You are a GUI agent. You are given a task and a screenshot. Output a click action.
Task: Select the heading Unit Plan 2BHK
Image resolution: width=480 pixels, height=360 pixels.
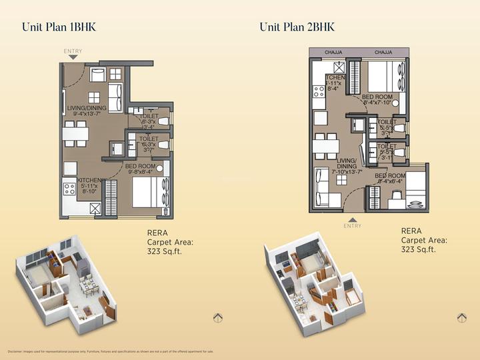coord(297,27)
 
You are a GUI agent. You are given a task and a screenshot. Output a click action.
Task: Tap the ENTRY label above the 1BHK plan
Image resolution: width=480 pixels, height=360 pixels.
coord(73,51)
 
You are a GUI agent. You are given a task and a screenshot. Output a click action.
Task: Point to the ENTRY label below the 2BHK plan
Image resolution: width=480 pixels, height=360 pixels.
coord(352,226)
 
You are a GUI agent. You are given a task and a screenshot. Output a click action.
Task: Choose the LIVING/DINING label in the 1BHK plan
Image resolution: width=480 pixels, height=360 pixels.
coord(86,110)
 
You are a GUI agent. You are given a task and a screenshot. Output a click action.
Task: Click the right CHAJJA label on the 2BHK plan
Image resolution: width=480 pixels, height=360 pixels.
coord(383,52)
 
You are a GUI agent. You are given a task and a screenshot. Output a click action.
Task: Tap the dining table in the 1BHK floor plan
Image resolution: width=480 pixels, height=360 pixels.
coord(75,133)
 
